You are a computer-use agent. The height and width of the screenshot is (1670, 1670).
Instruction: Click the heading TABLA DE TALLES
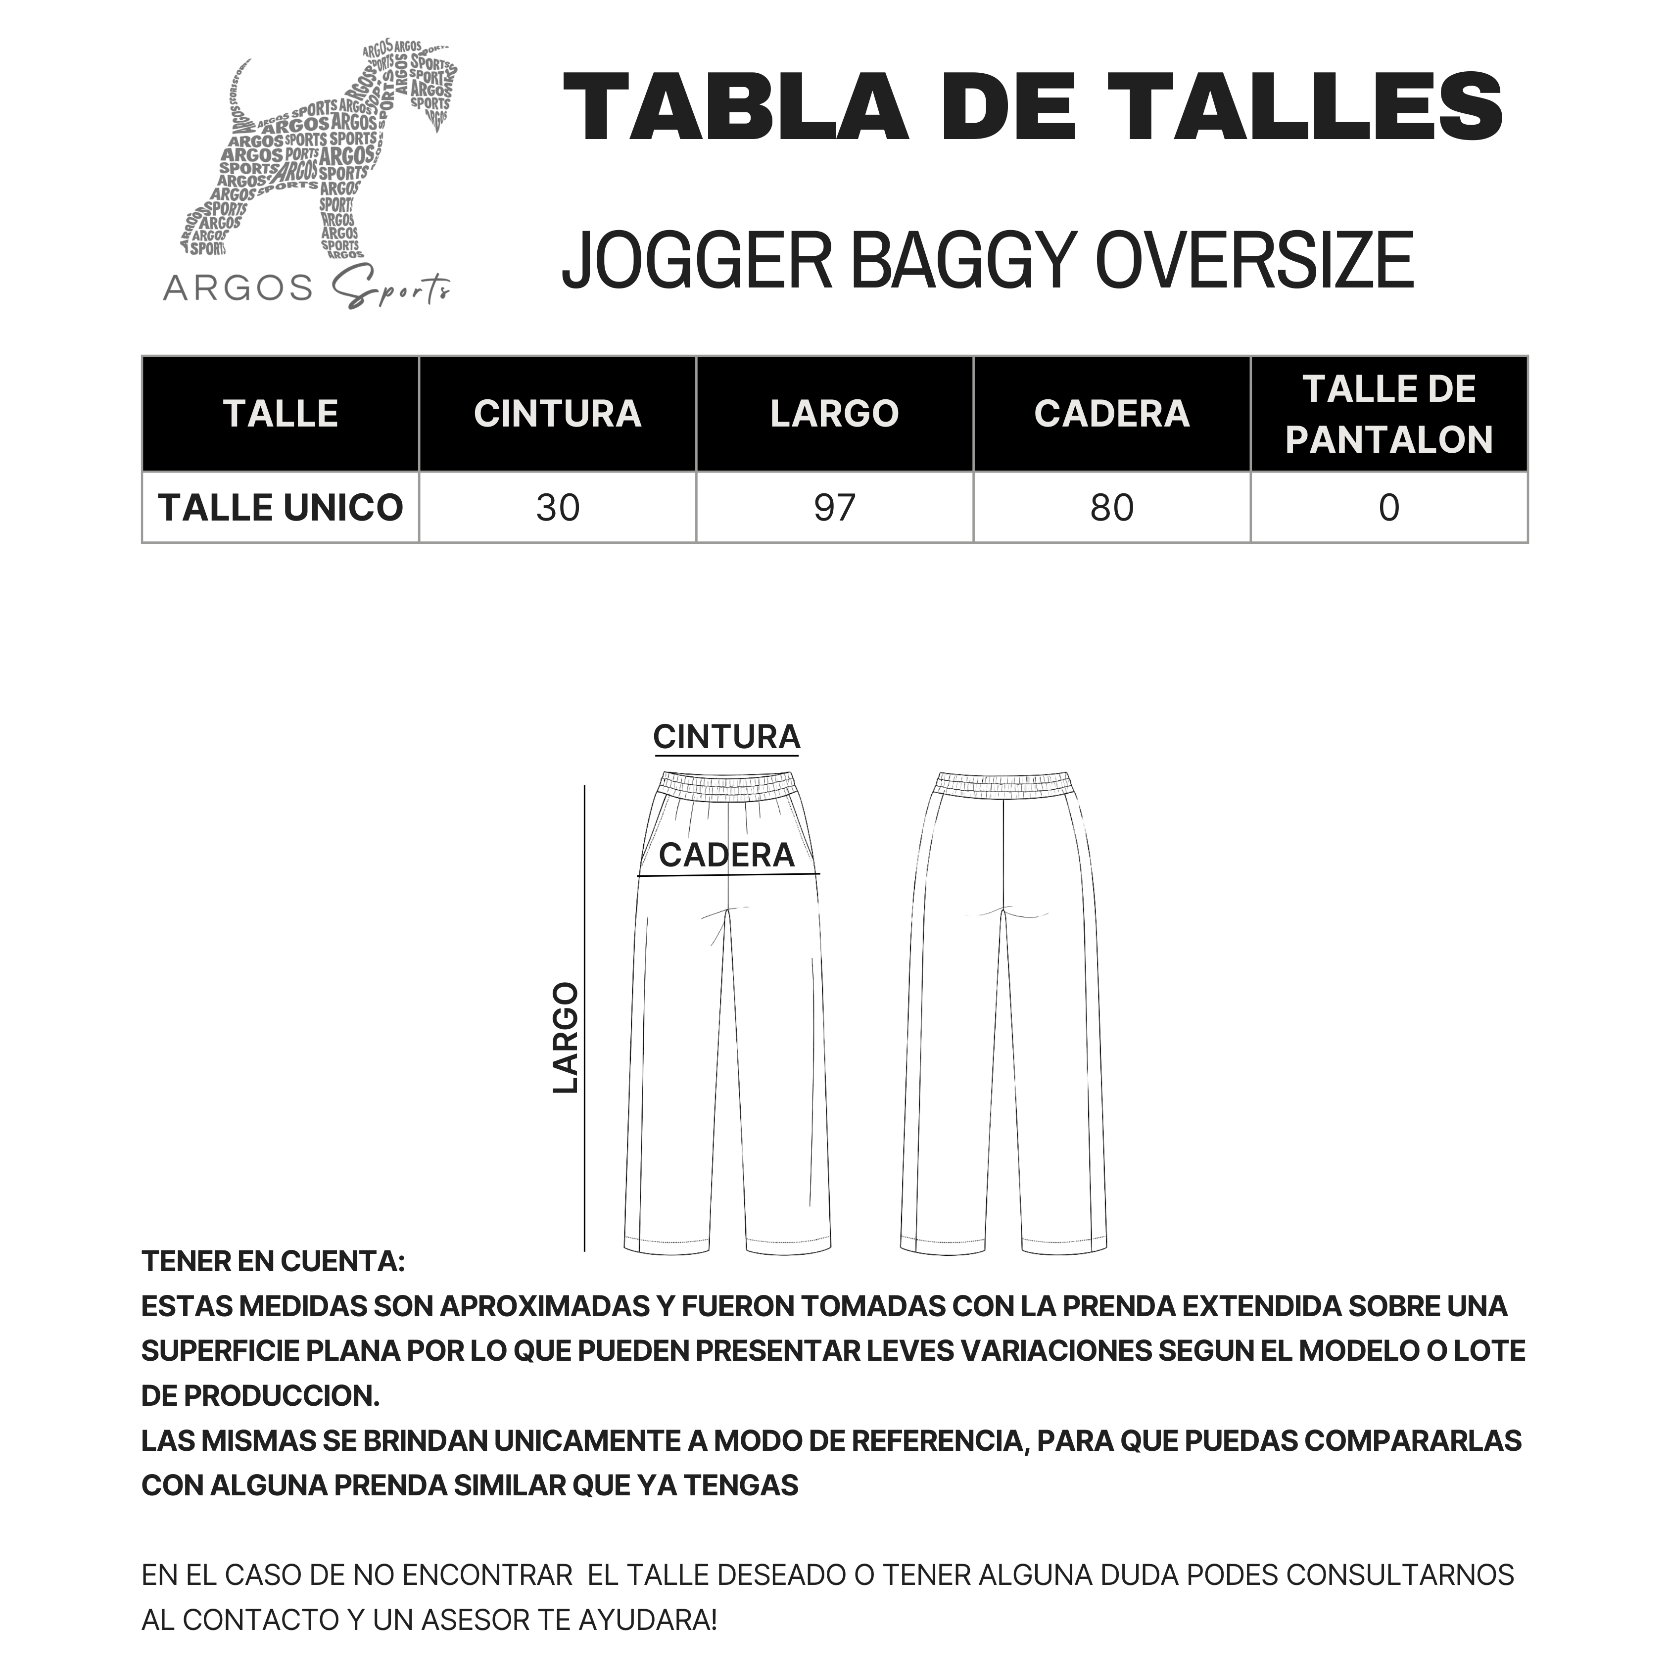coord(1033,108)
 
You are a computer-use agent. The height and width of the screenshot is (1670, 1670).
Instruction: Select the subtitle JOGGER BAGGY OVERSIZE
coord(987,259)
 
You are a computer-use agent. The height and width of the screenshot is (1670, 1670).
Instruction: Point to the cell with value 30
coord(558,507)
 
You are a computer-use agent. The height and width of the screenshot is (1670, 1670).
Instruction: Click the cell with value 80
coord(1112,507)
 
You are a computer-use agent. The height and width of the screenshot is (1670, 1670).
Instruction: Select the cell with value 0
coord(1389,507)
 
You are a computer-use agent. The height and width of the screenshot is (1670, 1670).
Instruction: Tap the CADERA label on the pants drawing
coord(726,855)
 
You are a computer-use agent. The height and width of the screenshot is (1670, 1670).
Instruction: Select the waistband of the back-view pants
coord(1002,787)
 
